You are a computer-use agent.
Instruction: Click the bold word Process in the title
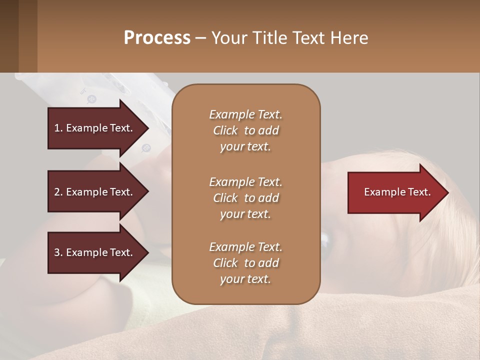point(157,38)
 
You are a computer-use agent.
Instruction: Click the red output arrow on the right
point(395,192)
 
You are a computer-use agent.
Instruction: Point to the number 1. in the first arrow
point(58,128)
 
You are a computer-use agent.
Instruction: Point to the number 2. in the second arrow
point(58,192)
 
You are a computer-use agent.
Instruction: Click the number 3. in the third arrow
point(58,252)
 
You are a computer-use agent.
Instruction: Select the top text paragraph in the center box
point(245,130)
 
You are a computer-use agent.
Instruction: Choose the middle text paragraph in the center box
point(245,197)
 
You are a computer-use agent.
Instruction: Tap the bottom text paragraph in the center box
point(245,263)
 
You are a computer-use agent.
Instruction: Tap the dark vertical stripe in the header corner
point(27,36)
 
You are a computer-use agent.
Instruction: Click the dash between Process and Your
point(201,38)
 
